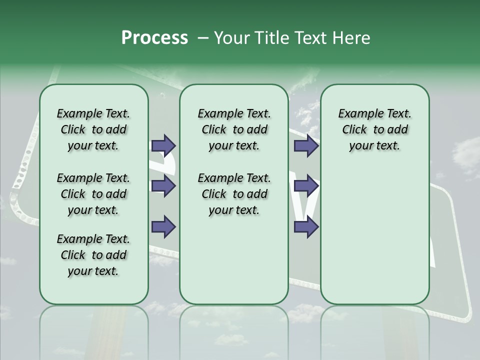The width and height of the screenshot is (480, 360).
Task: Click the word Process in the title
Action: pyautogui.click(x=154, y=38)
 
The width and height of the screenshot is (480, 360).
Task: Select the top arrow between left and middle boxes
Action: pyautogui.click(x=163, y=146)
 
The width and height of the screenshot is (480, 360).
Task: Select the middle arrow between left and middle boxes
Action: pyautogui.click(x=163, y=186)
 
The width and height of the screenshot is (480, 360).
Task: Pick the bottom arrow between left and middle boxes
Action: pyautogui.click(x=163, y=226)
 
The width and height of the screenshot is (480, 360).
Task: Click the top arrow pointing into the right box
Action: pyautogui.click(x=306, y=146)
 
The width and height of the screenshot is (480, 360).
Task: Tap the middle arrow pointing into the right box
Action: pyautogui.click(x=306, y=186)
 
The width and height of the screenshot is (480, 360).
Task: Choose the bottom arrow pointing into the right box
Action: pyautogui.click(x=306, y=226)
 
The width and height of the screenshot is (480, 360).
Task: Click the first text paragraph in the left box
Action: pyautogui.click(x=93, y=129)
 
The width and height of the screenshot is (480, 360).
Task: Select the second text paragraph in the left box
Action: pyautogui.click(x=93, y=194)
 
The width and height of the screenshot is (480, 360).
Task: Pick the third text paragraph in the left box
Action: pyautogui.click(x=93, y=255)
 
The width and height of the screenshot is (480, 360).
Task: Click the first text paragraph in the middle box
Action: pyautogui.click(x=234, y=129)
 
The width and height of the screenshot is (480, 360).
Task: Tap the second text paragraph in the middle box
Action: pyautogui.click(x=234, y=194)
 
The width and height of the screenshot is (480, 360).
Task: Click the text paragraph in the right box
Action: pyautogui.click(x=374, y=129)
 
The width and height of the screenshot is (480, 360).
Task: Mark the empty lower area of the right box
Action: pyautogui.click(x=374, y=240)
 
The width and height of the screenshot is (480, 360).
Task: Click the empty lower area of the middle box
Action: pyautogui.click(x=234, y=260)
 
